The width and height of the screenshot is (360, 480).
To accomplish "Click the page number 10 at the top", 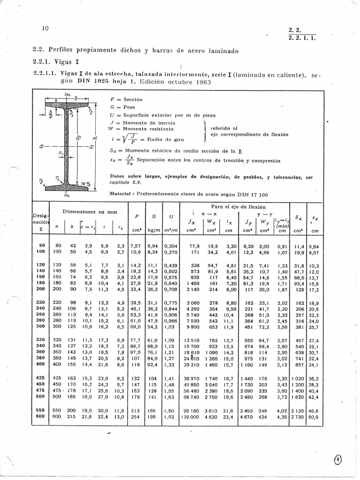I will click(x=45, y=29).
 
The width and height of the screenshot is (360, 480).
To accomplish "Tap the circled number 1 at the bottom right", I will click(x=338, y=460).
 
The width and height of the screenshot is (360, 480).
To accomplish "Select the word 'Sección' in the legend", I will click(x=133, y=100).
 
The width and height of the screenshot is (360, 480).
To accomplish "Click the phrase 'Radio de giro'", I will click(x=165, y=139).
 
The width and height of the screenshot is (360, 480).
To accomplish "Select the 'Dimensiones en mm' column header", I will click(x=90, y=212).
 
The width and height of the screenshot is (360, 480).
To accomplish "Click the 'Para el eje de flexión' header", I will click(x=238, y=206).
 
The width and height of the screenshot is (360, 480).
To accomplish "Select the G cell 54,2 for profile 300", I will click(x=153, y=326).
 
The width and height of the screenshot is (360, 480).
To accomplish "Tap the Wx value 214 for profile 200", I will click(x=213, y=290).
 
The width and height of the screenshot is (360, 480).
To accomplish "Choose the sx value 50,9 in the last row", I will click(x=314, y=417).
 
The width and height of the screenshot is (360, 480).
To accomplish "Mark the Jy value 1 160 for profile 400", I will click(x=247, y=364).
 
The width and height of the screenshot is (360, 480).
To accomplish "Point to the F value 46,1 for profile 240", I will click(x=136, y=309).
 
